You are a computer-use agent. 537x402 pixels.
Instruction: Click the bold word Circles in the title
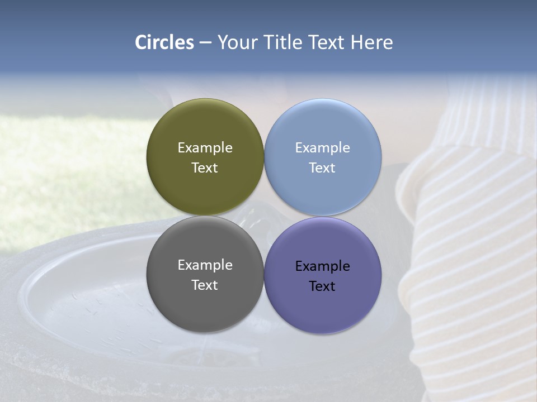tap(164, 42)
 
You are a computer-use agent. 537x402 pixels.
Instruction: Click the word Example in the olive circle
tap(205, 148)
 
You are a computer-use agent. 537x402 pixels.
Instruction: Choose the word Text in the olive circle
tap(205, 168)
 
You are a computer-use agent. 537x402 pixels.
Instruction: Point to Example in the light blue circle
tap(322, 148)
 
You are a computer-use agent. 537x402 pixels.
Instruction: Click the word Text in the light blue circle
tap(322, 168)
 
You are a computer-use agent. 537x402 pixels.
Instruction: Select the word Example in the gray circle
tap(205, 265)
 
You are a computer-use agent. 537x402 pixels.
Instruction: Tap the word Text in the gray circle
tap(205, 285)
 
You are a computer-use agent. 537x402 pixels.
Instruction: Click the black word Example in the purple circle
tap(322, 266)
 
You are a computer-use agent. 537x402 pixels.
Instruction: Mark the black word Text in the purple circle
tap(322, 286)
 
